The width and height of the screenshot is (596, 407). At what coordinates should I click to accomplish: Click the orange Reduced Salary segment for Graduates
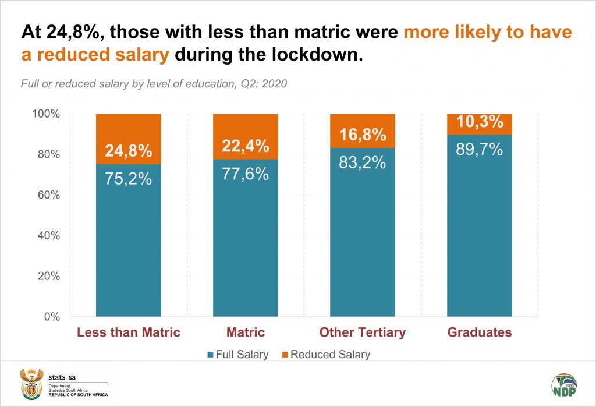479,123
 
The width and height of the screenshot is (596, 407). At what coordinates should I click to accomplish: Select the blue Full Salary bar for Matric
245,245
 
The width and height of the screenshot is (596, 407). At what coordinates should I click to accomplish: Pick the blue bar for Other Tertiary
362,245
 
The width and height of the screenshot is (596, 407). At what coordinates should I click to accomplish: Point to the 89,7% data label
479,150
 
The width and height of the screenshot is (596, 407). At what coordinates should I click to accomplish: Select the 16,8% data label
362,135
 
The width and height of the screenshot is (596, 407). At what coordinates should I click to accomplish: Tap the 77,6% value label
245,174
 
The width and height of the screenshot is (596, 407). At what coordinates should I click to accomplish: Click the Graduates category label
479,333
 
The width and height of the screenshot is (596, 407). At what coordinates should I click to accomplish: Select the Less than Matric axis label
129,333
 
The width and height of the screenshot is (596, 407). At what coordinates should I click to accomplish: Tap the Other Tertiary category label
362,333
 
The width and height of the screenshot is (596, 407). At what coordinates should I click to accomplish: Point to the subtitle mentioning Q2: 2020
154,83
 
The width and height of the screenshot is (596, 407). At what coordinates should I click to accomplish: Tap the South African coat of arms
30,383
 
